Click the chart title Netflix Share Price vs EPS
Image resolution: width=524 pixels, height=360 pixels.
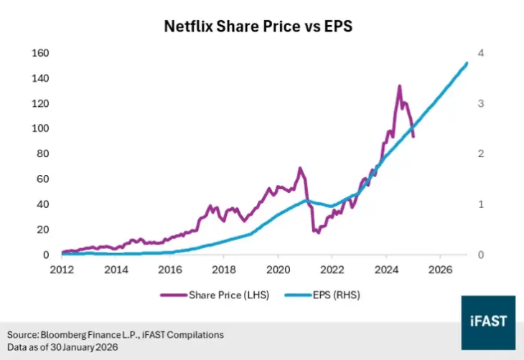click(x=258, y=26)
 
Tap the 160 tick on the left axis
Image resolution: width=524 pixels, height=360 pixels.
click(x=40, y=53)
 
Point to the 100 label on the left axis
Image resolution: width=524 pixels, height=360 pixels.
click(x=40, y=128)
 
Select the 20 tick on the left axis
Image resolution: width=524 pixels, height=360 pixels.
click(x=43, y=229)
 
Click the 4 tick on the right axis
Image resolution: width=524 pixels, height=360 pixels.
click(x=480, y=53)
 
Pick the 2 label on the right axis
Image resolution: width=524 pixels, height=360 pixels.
click(x=480, y=153)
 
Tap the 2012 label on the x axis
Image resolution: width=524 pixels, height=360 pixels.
click(x=62, y=270)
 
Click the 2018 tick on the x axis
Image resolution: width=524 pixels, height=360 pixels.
click(x=224, y=270)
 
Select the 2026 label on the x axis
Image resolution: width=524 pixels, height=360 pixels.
click(x=441, y=270)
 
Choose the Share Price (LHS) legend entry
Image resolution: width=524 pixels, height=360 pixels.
click(x=215, y=295)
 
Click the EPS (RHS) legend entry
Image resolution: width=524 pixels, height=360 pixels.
click(x=322, y=295)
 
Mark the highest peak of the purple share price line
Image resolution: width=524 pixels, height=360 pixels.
click(x=399, y=86)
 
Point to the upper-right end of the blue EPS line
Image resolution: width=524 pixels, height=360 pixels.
click(x=467, y=63)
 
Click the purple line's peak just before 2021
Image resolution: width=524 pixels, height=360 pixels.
click(x=300, y=168)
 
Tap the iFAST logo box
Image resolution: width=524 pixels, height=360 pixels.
click(x=488, y=323)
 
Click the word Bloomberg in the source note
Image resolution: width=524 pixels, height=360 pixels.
click(x=63, y=335)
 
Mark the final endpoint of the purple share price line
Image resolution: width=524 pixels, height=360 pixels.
click(x=413, y=136)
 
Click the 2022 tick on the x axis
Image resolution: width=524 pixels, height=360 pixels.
click(x=332, y=270)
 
